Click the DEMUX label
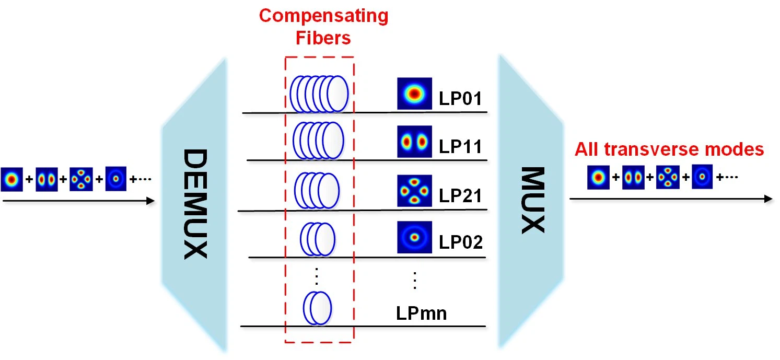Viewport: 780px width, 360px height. (195, 204)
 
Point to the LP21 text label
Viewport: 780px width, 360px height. (459, 195)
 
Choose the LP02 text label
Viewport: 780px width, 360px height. (459, 242)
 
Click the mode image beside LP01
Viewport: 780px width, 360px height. (414, 94)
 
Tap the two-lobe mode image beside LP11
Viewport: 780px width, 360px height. (414, 142)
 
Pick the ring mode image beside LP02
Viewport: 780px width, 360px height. (414, 238)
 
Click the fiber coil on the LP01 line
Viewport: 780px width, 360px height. (319, 94)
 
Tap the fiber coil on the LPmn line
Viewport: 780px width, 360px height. (317, 308)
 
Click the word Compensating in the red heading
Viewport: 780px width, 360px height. (323, 16)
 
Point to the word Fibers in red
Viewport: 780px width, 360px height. (324, 38)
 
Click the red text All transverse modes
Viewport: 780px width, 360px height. (669, 150)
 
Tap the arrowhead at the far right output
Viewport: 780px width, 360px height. (768, 199)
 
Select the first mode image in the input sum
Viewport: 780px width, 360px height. (11, 179)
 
